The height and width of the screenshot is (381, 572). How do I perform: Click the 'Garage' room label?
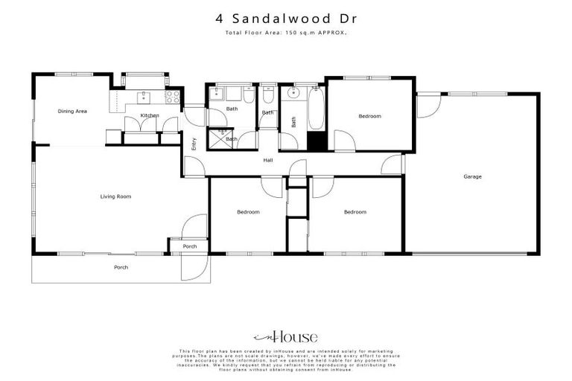472,176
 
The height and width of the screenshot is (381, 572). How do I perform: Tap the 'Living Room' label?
115,196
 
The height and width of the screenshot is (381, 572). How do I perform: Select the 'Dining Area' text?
72,111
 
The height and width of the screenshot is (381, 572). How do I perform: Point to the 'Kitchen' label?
150,115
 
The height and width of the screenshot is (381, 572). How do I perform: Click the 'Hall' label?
267,159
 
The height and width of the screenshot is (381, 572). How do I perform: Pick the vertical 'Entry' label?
194,144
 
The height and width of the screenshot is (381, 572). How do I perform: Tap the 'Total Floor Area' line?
286,33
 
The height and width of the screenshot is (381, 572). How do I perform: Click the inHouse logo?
286,336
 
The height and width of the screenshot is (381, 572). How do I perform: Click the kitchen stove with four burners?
172,95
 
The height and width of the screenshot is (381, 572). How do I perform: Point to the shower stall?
218,138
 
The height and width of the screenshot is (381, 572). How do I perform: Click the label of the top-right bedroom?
369,116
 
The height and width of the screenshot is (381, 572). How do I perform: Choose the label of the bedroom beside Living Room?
248,212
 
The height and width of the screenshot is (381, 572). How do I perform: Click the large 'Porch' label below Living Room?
121,267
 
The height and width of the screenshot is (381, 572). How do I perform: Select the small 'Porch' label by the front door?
189,246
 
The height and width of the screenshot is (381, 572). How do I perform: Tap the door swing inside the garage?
426,105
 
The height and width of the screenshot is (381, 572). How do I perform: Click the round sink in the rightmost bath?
293,93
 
